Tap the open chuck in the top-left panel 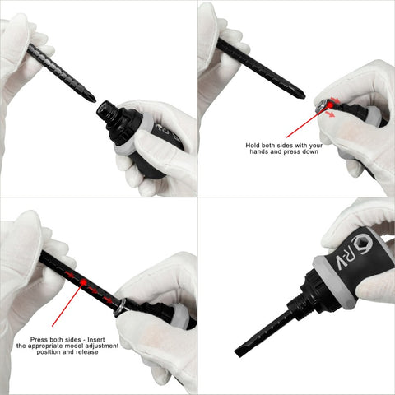click(104, 109)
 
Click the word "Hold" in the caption click(252, 146)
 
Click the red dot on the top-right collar click(330, 105)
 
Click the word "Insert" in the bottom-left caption click(96, 340)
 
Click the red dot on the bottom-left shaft click(83, 281)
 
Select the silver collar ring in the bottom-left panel click(120, 307)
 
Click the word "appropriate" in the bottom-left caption click(47, 346)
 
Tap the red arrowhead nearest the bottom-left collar click(109, 300)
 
